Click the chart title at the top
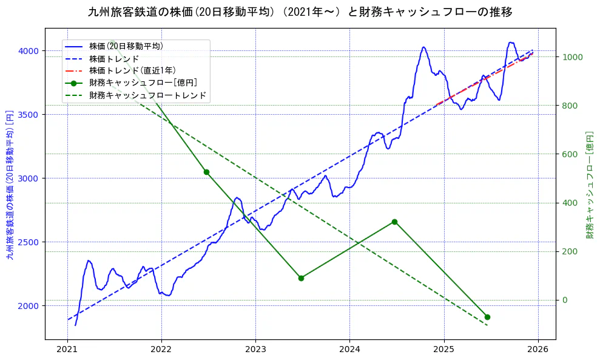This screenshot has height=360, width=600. coord(300,12)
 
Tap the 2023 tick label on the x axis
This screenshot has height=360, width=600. coord(255,349)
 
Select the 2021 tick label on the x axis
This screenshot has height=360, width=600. coord(67,349)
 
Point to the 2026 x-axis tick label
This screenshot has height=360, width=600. coord(538,349)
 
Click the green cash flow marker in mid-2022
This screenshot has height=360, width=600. coord(206,172)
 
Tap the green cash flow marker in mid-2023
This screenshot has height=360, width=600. coord(301,278)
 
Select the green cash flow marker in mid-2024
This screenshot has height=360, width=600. coord(394,222)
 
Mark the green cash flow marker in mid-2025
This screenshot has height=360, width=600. coord(487,317)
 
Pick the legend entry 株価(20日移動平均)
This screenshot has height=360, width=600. coord(126,46)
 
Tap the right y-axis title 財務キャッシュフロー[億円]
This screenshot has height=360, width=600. coord(589,185)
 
